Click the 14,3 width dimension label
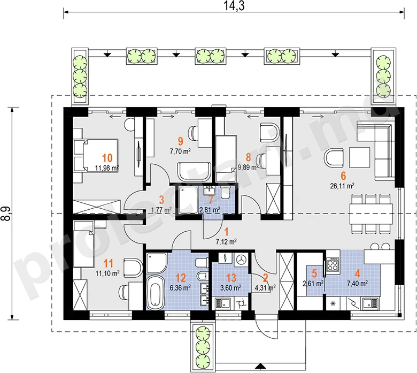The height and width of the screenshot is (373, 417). pos(234,5)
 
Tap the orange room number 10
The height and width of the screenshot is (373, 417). pos(107,158)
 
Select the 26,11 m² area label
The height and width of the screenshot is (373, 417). pos(342,186)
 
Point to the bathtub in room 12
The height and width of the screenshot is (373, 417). pos(156,292)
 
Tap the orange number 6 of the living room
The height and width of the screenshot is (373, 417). pos(343,176)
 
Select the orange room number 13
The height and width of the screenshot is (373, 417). pos(231,278)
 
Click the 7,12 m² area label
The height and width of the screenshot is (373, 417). pos(226,241)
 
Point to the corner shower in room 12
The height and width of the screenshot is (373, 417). pos(157,263)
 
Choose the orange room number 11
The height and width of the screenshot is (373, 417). pos(108,263)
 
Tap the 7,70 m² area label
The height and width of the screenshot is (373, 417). pos(180,151)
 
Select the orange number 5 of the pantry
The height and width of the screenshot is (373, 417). pos(314,273)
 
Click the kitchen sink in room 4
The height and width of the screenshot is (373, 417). pos(370,303)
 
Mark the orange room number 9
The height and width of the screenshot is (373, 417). pos(181,141)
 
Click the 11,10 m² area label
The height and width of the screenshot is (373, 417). pos(107,273)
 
